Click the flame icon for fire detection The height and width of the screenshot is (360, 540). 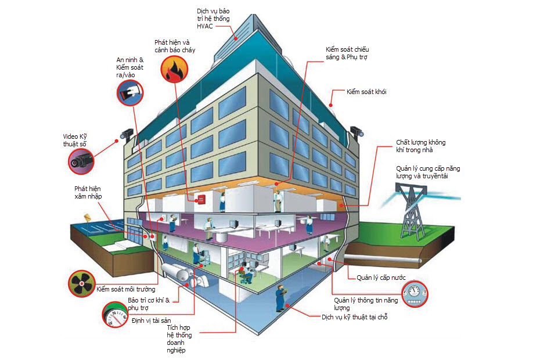(174, 69)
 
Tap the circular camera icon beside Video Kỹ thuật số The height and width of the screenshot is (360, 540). (81, 161)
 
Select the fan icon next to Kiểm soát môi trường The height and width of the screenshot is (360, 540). (82, 283)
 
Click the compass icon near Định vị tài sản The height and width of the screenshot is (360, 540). (115, 315)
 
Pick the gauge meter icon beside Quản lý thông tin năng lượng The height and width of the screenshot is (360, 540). (415, 294)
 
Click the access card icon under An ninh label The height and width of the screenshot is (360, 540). (130, 93)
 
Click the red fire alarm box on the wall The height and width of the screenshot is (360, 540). (201, 199)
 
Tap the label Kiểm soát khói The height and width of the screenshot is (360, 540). (366, 92)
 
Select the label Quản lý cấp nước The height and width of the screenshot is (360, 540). (381, 278)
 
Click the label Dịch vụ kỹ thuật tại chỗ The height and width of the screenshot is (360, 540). (354, 317)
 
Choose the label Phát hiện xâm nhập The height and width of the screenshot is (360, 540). (88, 193)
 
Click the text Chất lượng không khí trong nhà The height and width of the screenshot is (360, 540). (420, 146)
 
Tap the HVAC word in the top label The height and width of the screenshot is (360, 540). (204, 26)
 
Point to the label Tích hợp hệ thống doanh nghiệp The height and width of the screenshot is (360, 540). (179, 339)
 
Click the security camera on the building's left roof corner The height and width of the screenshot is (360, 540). (126, 134)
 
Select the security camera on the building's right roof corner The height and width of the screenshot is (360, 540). (357, 132)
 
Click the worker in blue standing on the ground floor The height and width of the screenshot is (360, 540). (280, 298)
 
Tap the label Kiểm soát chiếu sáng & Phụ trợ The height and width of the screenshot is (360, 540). (347, 53)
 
